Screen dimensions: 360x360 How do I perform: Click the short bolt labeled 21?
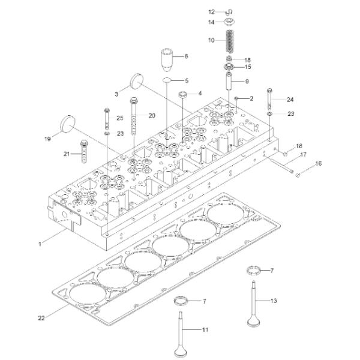pyautogui.click(x=85, y=149)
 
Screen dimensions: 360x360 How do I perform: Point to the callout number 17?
pyautogui.click(x=304, y=155)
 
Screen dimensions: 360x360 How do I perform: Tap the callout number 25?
pyautogui.click(x=119, y=118)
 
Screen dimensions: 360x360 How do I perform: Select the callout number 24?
pyautogui.click(x=290, y=99)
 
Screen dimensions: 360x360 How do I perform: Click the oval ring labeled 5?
pyautogui.click(x=167, y=80)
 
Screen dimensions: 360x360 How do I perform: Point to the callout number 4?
pyautogui.click(x=200, y=93)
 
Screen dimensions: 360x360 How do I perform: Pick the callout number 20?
pyautogui.click(x=152, y=115)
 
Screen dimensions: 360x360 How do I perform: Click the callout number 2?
pyautogui.click(x=251, y=97)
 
